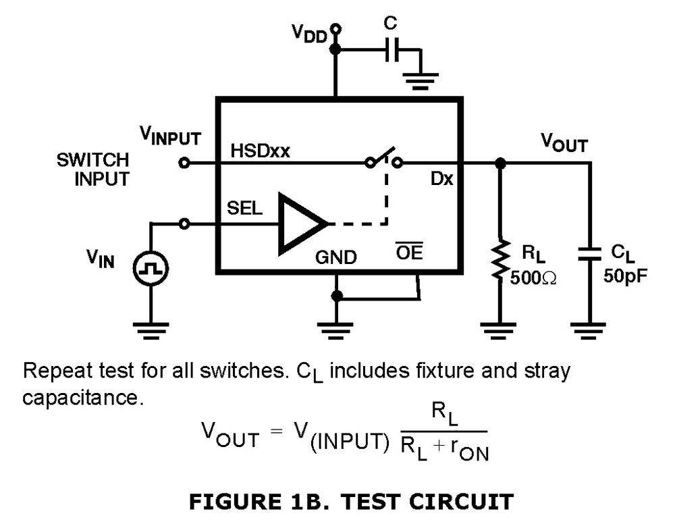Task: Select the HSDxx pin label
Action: pyautogui.click(x=261, y=151)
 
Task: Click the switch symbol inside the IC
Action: pyautogui.click(x=383, y=161)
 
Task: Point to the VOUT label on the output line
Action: pyautogui.click(x=564, y=143)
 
